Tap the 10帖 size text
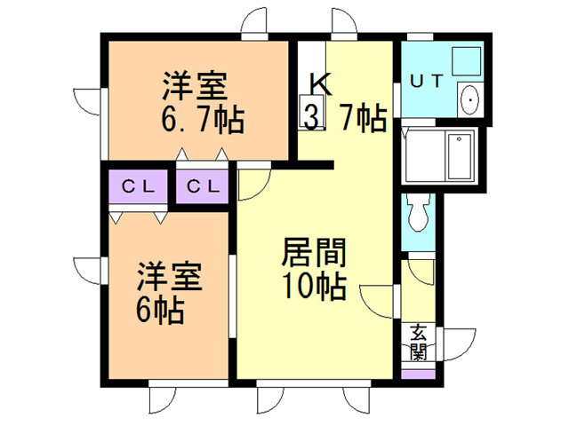click(313, 287)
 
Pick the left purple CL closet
click(138, 187)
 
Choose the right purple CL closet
click(204, 187)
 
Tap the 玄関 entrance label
click(417, 342)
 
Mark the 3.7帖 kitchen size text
click(345, 117)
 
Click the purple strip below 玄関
click(418, 373)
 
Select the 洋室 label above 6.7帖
click(195, 86)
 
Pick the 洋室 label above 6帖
click(170, 277)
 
